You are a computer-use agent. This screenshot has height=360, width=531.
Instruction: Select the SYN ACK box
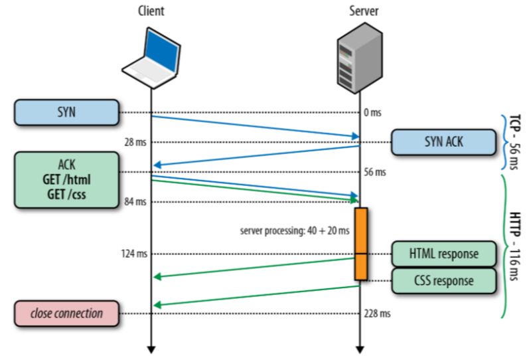[x=443, y=142]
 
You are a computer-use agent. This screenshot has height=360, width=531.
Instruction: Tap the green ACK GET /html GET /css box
[x=66, y=179]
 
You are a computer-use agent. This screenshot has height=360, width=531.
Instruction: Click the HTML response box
[x=443, y=254]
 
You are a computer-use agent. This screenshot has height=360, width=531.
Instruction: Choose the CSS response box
[x=443, y=280]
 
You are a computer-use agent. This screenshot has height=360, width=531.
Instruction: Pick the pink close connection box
[x=66, y=313]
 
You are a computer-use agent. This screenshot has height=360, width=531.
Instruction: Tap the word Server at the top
[x=360, y=11]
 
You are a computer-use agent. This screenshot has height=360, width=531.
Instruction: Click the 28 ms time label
[x=135, y=142]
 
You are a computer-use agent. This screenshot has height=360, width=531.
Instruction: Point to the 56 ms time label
[x=375, y=172]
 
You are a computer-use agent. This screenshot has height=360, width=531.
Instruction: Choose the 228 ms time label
[x=377, y=313]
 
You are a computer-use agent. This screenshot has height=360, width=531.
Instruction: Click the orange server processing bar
[x=360, y=243]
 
